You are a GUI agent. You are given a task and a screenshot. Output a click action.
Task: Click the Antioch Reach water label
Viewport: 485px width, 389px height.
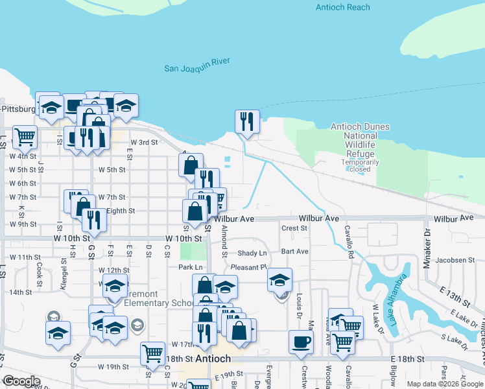[x=343, y=7]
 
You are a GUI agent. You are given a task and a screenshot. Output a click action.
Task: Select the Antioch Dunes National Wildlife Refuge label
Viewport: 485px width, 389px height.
[x=353, y=141]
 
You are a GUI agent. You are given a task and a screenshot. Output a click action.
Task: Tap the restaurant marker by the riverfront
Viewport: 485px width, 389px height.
[x=246, y=121]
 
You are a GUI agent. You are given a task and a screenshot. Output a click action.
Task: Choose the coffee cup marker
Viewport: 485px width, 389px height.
[x=301, y=342]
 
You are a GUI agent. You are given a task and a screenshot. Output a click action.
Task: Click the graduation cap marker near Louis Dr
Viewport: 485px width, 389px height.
[x=279, y=281]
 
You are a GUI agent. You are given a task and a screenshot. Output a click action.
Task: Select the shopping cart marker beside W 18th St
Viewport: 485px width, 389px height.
[x=152, y=353]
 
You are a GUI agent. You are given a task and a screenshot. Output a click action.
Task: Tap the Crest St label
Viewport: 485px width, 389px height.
[x=294, y=228]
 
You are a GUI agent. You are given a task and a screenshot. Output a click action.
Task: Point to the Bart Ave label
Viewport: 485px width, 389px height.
[x=295, y=251]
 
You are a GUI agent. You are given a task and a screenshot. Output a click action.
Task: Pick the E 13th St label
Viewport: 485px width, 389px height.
[x=458, y=300]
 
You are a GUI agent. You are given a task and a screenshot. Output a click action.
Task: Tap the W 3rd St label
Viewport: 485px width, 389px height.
[x=144, y=142]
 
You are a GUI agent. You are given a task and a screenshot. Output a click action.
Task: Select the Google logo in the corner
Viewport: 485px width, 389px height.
[x=21, y=381]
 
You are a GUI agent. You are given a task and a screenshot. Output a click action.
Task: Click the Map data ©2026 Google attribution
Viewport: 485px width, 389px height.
[x=444, y=384]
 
